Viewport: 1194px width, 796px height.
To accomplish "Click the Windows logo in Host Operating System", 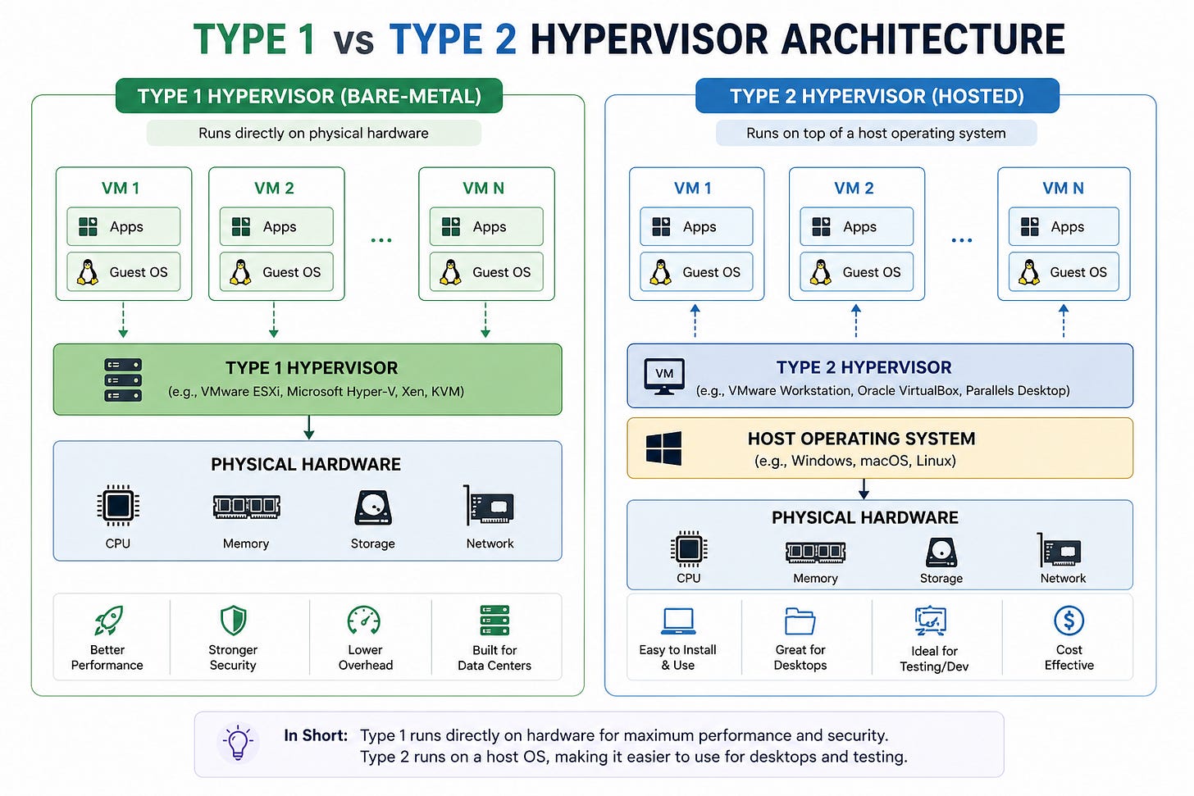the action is [663, 448].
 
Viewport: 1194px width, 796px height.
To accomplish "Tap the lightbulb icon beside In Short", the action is [238, 742].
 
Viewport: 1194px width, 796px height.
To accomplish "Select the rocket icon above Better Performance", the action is [109, 621].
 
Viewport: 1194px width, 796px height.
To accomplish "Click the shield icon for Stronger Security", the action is [234, 621].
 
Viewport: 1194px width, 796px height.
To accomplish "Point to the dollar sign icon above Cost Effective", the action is [1069, 621].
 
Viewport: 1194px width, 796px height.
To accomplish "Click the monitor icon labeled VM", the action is [664, 376].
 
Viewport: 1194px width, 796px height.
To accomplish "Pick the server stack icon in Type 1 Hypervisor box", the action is [123, 380].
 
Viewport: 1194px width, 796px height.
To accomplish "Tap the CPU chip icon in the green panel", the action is [118, 505].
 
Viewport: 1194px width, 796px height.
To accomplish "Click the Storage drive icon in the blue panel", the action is [941, 552].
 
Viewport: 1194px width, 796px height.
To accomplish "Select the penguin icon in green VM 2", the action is [240, 272].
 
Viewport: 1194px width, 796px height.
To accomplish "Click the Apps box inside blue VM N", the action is [1064, 226].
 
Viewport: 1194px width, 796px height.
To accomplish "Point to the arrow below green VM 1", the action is [123, 320].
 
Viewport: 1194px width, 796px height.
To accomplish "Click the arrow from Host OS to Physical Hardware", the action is [864, 489].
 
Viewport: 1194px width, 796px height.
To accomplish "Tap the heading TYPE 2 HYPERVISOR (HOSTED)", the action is [877, 97].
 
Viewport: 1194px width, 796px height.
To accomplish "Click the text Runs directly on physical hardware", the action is [313, 133].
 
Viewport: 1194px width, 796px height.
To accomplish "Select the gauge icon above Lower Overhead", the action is [364, 621].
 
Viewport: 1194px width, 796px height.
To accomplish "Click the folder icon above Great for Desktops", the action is [800, 621].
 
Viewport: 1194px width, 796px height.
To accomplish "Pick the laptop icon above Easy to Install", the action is [678, 621].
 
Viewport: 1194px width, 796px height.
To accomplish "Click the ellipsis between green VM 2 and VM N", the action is [381, 240].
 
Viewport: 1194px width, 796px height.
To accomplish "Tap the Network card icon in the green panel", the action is [488, 505].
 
